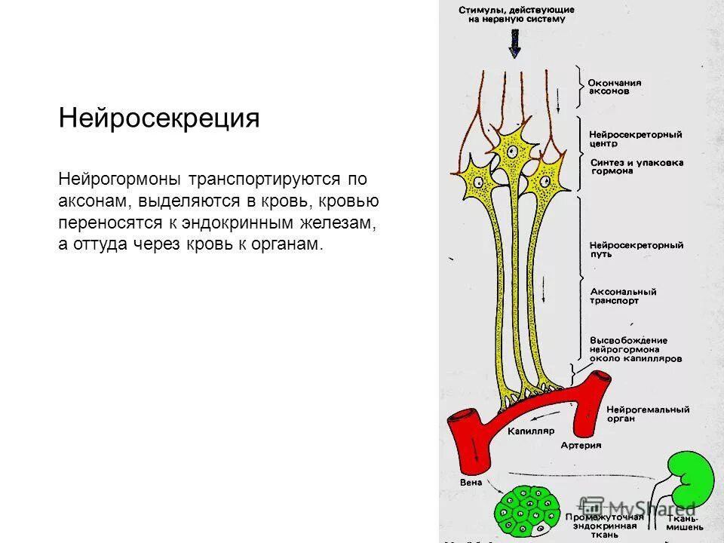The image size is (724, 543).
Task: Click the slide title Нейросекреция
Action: [159, 119]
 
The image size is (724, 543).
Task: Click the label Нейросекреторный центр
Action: [635, 139]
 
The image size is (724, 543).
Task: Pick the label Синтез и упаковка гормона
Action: [635, 166]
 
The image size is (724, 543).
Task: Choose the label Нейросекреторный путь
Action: [635, 250]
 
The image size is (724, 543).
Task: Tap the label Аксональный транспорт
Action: [623, 296]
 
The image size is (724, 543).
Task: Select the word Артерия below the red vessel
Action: [581, 445]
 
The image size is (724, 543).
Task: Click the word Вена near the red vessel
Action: [470, 480]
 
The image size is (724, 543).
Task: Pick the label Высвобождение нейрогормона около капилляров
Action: [635, 350]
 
